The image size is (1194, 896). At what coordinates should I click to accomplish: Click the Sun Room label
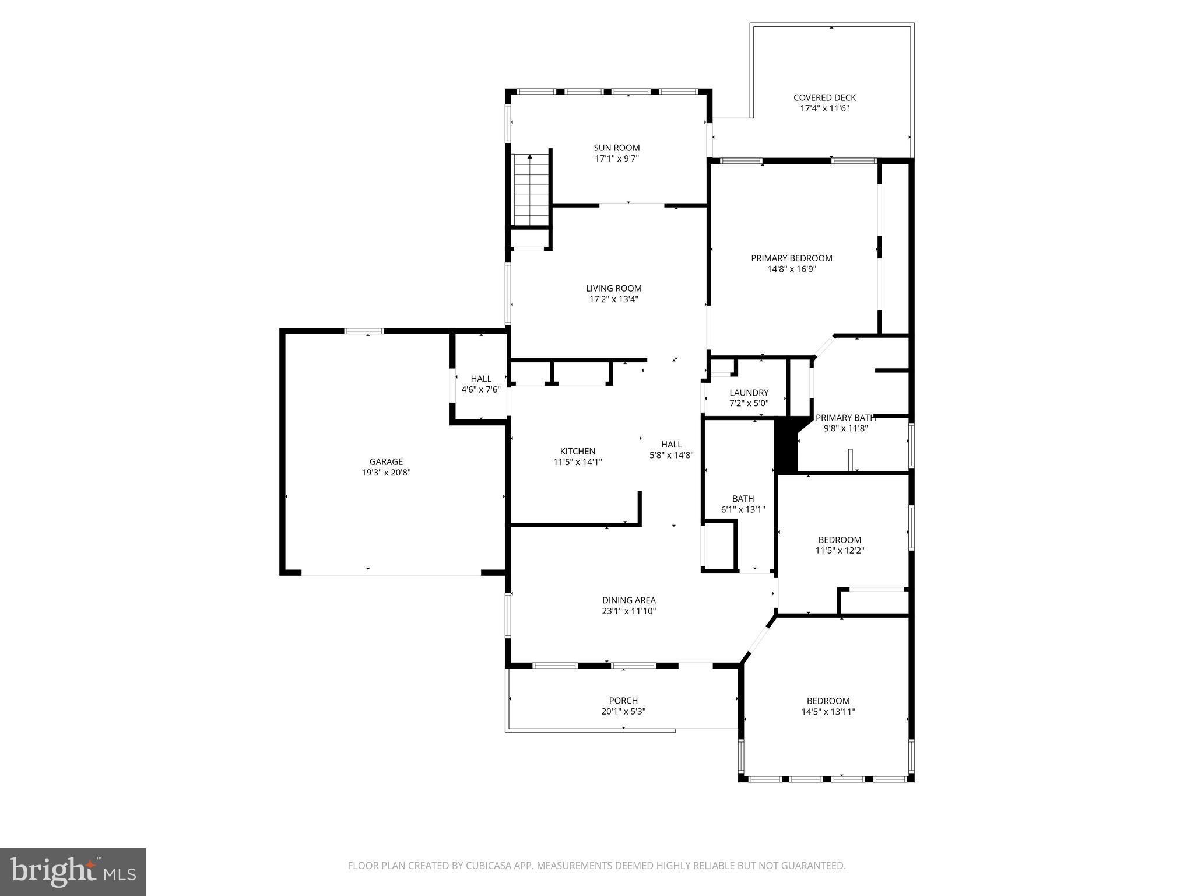617,148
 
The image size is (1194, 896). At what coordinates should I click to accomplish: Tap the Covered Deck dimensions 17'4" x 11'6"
824,108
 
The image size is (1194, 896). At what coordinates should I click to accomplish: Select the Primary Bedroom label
791,258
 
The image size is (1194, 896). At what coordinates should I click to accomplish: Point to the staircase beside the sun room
531,190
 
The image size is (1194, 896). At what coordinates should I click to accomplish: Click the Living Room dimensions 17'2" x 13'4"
613,299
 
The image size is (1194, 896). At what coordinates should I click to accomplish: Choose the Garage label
386,461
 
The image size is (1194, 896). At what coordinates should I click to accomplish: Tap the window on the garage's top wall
364,331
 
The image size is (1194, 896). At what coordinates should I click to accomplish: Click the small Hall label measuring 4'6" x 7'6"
481,379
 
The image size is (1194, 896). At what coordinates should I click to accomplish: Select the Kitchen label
577,451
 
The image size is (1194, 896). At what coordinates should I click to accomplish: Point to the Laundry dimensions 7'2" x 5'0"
749,403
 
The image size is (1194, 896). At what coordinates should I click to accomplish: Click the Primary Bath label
845,418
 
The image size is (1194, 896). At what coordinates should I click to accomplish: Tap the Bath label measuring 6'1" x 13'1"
743,498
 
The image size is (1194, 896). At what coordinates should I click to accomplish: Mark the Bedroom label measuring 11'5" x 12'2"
840,540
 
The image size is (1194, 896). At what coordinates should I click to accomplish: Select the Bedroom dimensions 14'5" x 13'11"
828,712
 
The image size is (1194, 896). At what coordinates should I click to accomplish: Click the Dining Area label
628,600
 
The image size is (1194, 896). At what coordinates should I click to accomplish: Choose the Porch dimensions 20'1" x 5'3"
623,712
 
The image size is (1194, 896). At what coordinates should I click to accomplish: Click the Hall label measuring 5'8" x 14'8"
671,444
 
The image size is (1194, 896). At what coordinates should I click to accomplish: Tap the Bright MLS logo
73,872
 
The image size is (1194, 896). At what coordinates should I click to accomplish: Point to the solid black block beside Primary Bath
785,446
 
